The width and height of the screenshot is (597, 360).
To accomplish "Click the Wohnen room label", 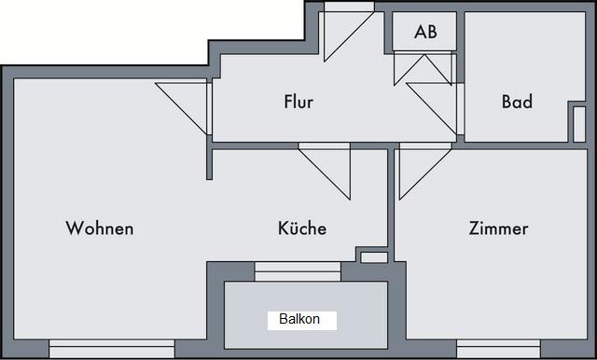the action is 100,228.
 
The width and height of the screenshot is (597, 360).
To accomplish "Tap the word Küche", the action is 302,228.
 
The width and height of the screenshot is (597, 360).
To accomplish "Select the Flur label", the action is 298,102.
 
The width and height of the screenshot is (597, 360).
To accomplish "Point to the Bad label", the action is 517,102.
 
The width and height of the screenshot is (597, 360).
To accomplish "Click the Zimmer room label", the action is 499,228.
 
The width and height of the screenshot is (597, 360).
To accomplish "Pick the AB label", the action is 425,32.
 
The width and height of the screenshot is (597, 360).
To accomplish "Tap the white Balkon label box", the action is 302,321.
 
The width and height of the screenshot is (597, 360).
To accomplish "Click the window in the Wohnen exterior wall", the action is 112,348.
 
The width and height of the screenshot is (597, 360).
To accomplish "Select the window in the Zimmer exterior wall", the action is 499,348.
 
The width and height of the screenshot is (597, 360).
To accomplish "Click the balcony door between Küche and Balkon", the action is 298,271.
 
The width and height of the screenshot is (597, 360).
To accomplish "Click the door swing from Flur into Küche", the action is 325,172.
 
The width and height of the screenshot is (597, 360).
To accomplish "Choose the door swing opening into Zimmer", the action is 425,172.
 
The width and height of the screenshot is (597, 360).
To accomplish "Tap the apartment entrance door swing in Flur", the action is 349,36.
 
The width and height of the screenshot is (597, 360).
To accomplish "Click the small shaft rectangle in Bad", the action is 579,124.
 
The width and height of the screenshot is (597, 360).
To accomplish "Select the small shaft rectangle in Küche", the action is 374,257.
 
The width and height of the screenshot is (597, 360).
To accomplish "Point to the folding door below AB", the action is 423,69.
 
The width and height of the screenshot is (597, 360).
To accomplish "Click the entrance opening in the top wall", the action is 349,7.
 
